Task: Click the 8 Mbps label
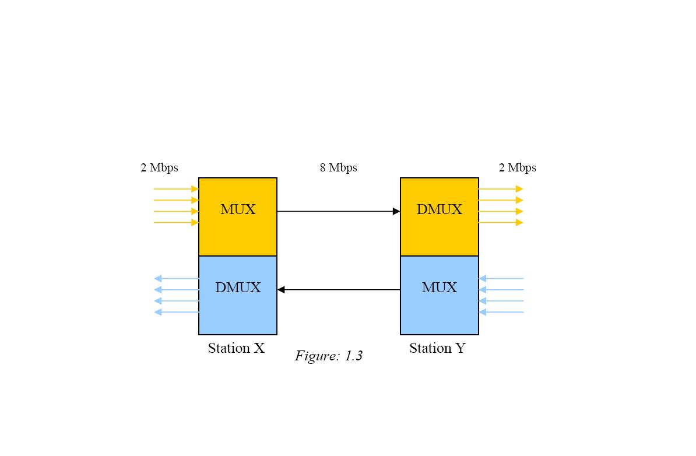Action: [x=338, y=168]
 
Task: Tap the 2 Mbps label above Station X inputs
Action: [x=159, y=168]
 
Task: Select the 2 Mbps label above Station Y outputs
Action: [x=517, y=168]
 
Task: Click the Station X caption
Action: [x=236, y=348]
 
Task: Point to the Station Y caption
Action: [x=437, y=348]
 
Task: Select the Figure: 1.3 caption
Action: [x=329, y=356]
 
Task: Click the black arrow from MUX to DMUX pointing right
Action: [x=338, y=211]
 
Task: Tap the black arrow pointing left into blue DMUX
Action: [x=338, y=290]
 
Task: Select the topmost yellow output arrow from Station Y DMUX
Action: [x=501, y=189]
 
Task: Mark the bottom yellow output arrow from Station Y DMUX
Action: [x=501, y=222]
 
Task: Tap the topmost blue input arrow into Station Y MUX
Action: [x=501, y=279]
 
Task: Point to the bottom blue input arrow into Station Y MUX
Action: [x=501, y=312]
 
